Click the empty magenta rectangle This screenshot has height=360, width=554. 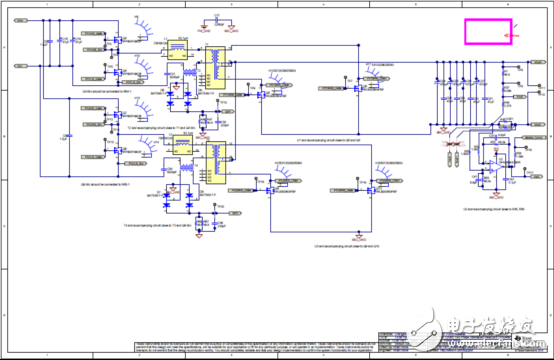click(490, 30)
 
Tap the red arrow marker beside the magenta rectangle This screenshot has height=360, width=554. click(509, 37)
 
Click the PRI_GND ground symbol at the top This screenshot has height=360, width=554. click(199, 27)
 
